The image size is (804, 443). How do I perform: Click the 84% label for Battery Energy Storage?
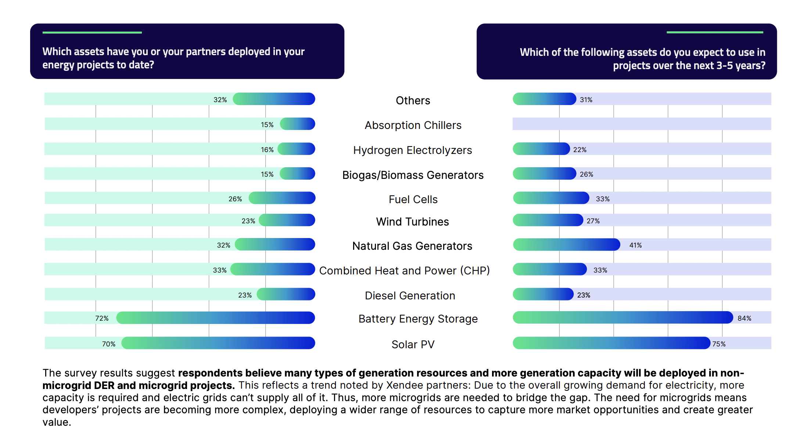(x=744, y=318)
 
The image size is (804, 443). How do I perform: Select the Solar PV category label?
(x=413, y=344)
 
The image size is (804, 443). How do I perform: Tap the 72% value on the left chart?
(x=102, y=318)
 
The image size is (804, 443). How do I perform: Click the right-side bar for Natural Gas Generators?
(x=566, y=245)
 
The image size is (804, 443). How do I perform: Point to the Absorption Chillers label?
(x=413, y=125)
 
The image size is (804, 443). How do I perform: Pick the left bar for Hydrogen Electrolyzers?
(x=296, y=149)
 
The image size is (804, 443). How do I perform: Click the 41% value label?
(x=635, y=245)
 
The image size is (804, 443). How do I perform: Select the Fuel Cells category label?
(x=413, y=199)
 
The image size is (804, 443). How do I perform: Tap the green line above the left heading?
(x=92, y=32)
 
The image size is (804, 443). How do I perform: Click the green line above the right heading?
(x=715, y=32)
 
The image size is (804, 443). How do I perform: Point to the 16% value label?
(x=267, y=150)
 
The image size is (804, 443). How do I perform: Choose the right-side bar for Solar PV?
(x=611, y=343)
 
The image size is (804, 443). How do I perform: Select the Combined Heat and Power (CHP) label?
(x=404, y=270)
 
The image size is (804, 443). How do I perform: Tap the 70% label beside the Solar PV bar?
(x=108, y=344)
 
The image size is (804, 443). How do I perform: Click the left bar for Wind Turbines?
(x=287, y=220)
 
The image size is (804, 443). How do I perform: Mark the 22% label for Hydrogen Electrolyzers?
(x=579, y=150)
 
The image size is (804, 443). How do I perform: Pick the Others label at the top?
(x=413, y=100)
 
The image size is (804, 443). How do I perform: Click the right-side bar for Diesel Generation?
(x=543, y=294)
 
